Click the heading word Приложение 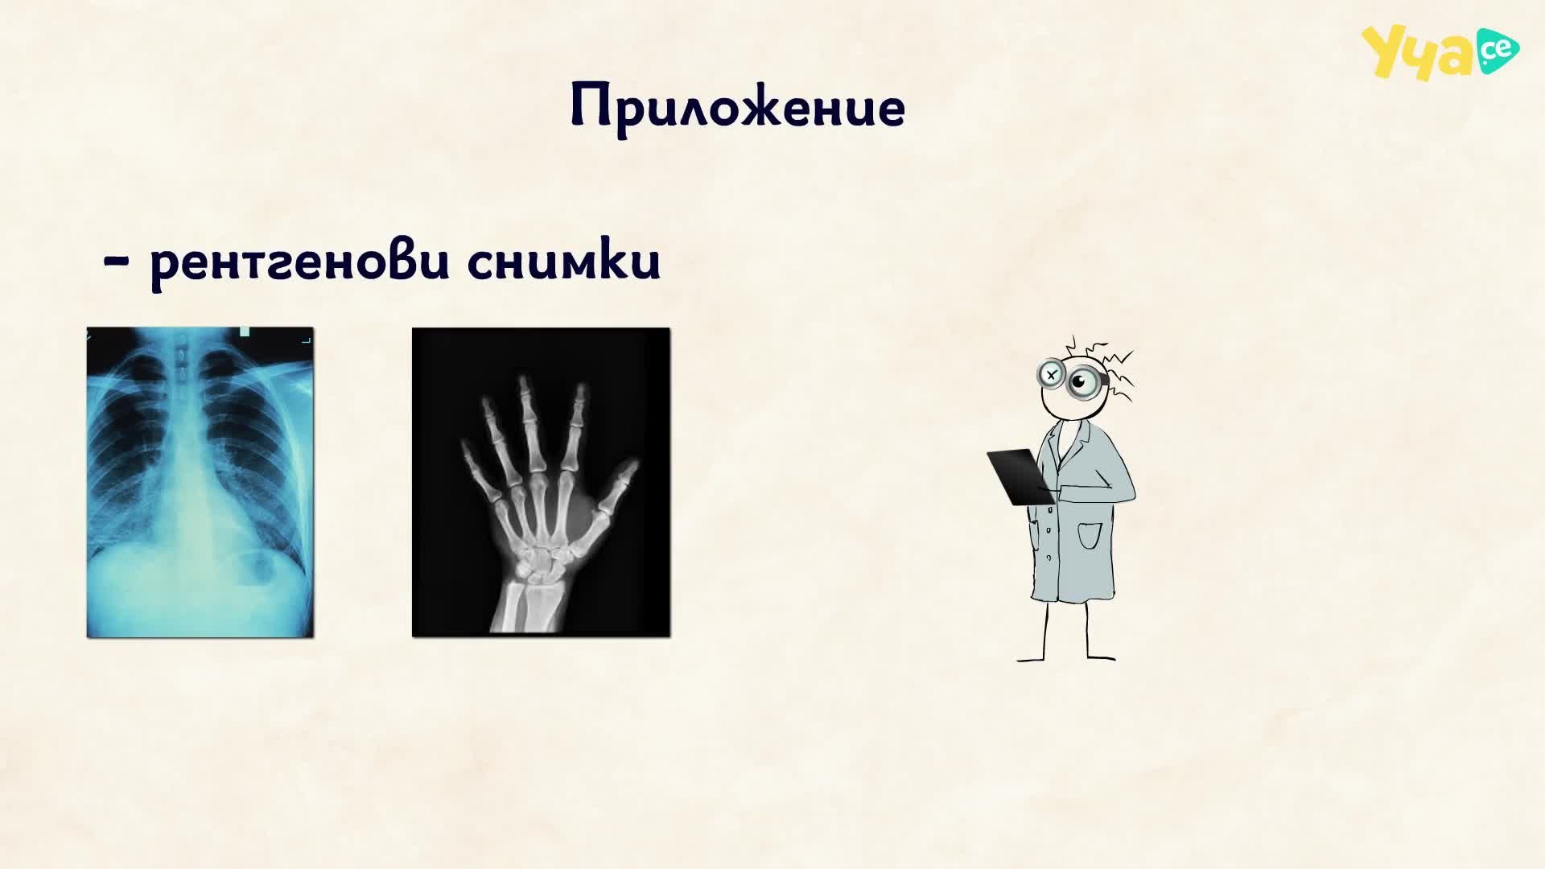(738, 106)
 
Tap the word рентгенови (299, 262)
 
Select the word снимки (564, 260)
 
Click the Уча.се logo (1440, 52)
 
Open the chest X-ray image (200, 482)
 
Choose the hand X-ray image (541, 482)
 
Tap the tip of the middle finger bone (524, 381)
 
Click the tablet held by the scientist (1019, 476)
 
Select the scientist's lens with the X (1051, 374)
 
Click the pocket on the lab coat (1089, 535)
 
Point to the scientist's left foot (1101, 657)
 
